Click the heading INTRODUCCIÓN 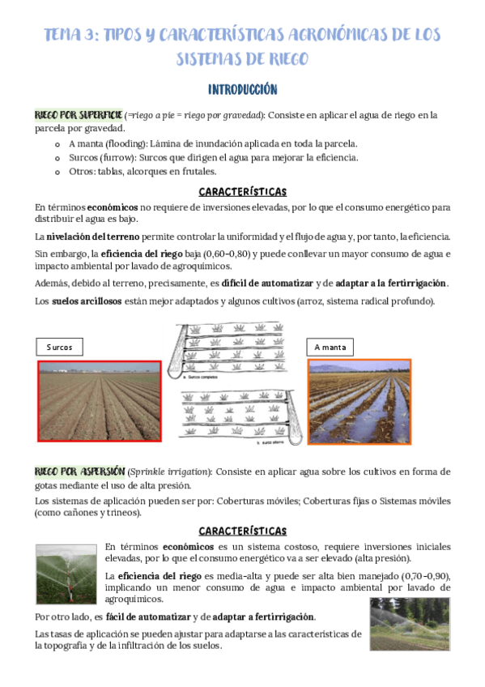242,89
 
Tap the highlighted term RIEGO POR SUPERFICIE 79,115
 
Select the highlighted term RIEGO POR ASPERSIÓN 79,472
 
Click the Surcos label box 60,347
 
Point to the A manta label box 330,347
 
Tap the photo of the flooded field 359,401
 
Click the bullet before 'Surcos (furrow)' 57,158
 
